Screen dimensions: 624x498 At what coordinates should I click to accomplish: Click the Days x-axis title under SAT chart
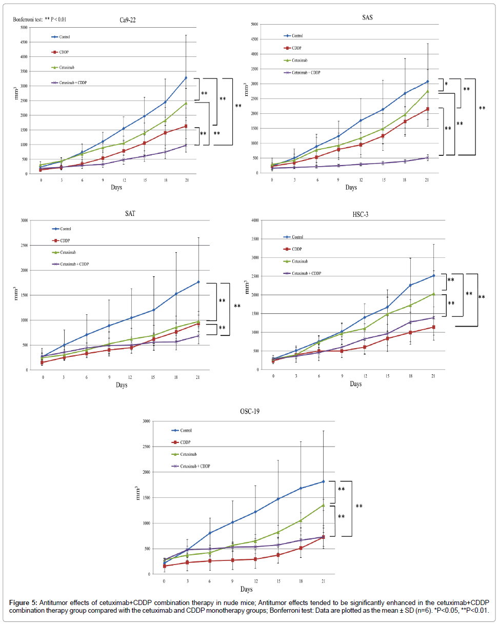pos(122,385)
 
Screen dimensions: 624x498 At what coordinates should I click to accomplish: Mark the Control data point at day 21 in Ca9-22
pos(186,77)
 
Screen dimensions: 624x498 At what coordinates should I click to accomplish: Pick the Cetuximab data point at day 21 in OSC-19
pos(324,505)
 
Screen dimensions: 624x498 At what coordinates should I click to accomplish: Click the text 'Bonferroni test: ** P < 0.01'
pos(39,19)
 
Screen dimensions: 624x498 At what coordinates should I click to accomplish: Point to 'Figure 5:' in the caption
pos(23,601)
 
